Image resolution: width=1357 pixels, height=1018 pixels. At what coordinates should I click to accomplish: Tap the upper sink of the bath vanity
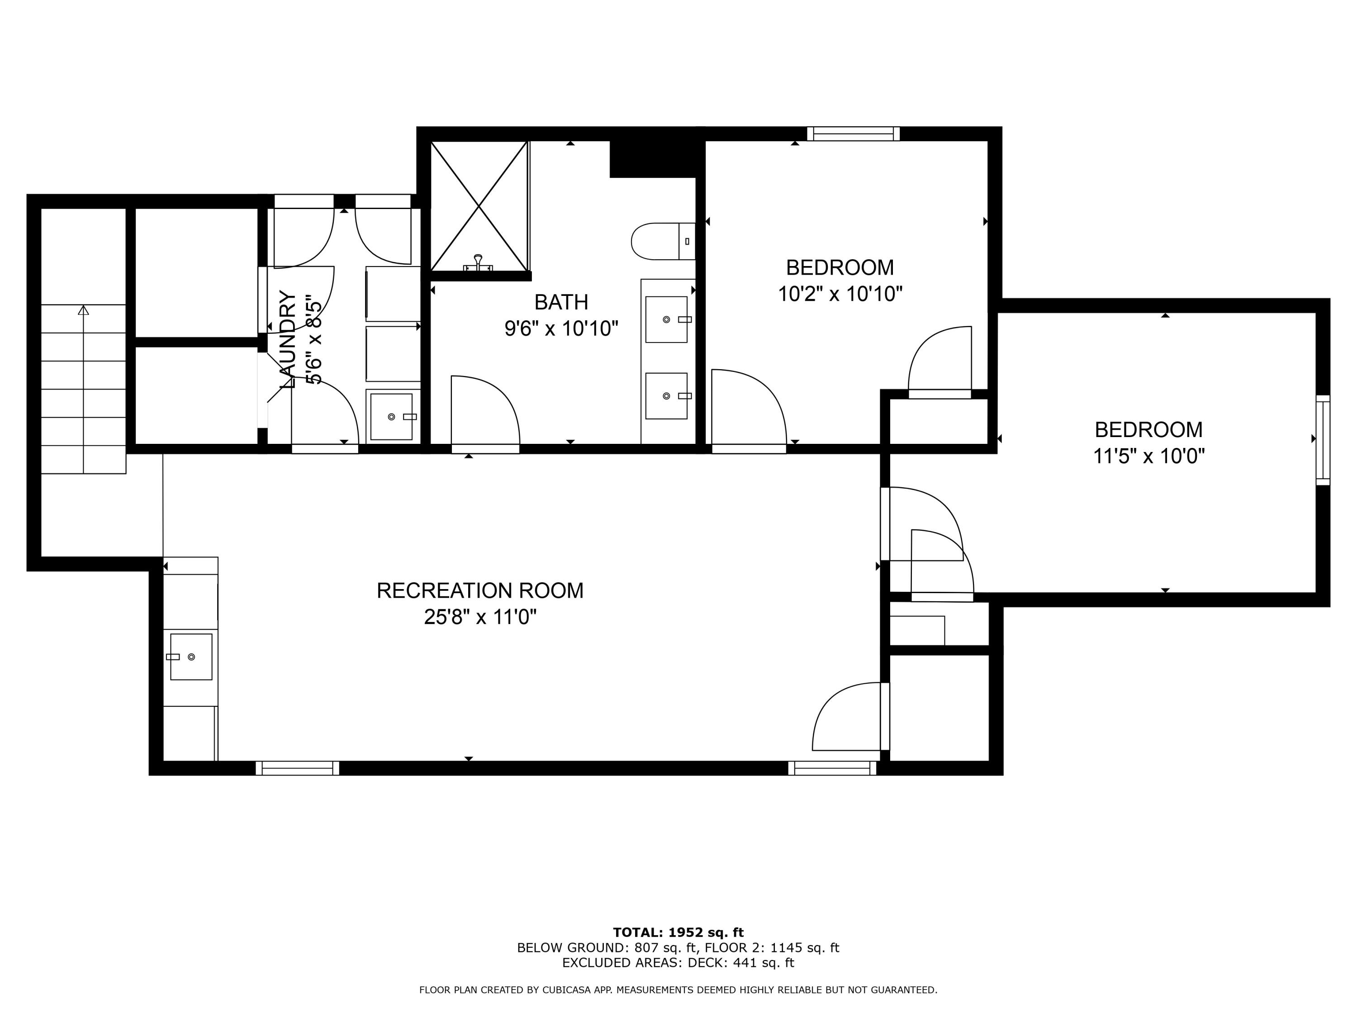tap(666, 319)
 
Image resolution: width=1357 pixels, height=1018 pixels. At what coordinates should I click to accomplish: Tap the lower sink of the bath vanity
tap(666, 396)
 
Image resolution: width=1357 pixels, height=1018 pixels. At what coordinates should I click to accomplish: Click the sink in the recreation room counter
tap(191, 656)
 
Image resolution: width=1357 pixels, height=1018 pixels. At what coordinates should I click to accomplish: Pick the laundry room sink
tap(391, 417)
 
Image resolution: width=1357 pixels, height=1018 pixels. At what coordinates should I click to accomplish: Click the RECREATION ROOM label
tap(480, 590)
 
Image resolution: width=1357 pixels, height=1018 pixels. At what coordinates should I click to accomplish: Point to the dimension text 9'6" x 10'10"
tap(561, 329)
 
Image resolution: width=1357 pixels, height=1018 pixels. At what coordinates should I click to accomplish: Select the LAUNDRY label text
tap(288, 339)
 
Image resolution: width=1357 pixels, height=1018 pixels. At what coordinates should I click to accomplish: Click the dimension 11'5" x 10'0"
tap(1148, 457)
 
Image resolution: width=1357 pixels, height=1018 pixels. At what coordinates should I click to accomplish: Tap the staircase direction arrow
tap(83, 310)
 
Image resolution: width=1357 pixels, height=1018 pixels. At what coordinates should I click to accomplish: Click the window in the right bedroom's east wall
tap(1323, 439)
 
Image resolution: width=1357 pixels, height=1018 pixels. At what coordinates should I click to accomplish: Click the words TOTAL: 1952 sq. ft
tap(678, 932)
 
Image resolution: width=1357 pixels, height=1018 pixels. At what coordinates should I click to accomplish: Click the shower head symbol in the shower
tap(478, 262)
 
